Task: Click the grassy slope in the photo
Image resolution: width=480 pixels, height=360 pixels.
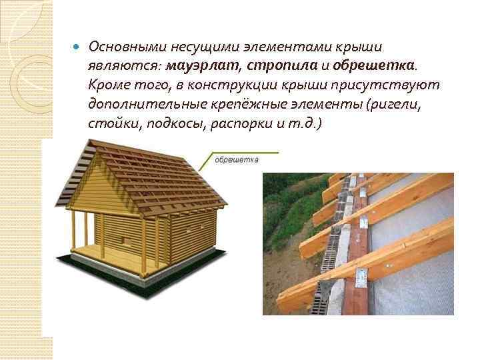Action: pyautogui.click(x=287, y=213)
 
